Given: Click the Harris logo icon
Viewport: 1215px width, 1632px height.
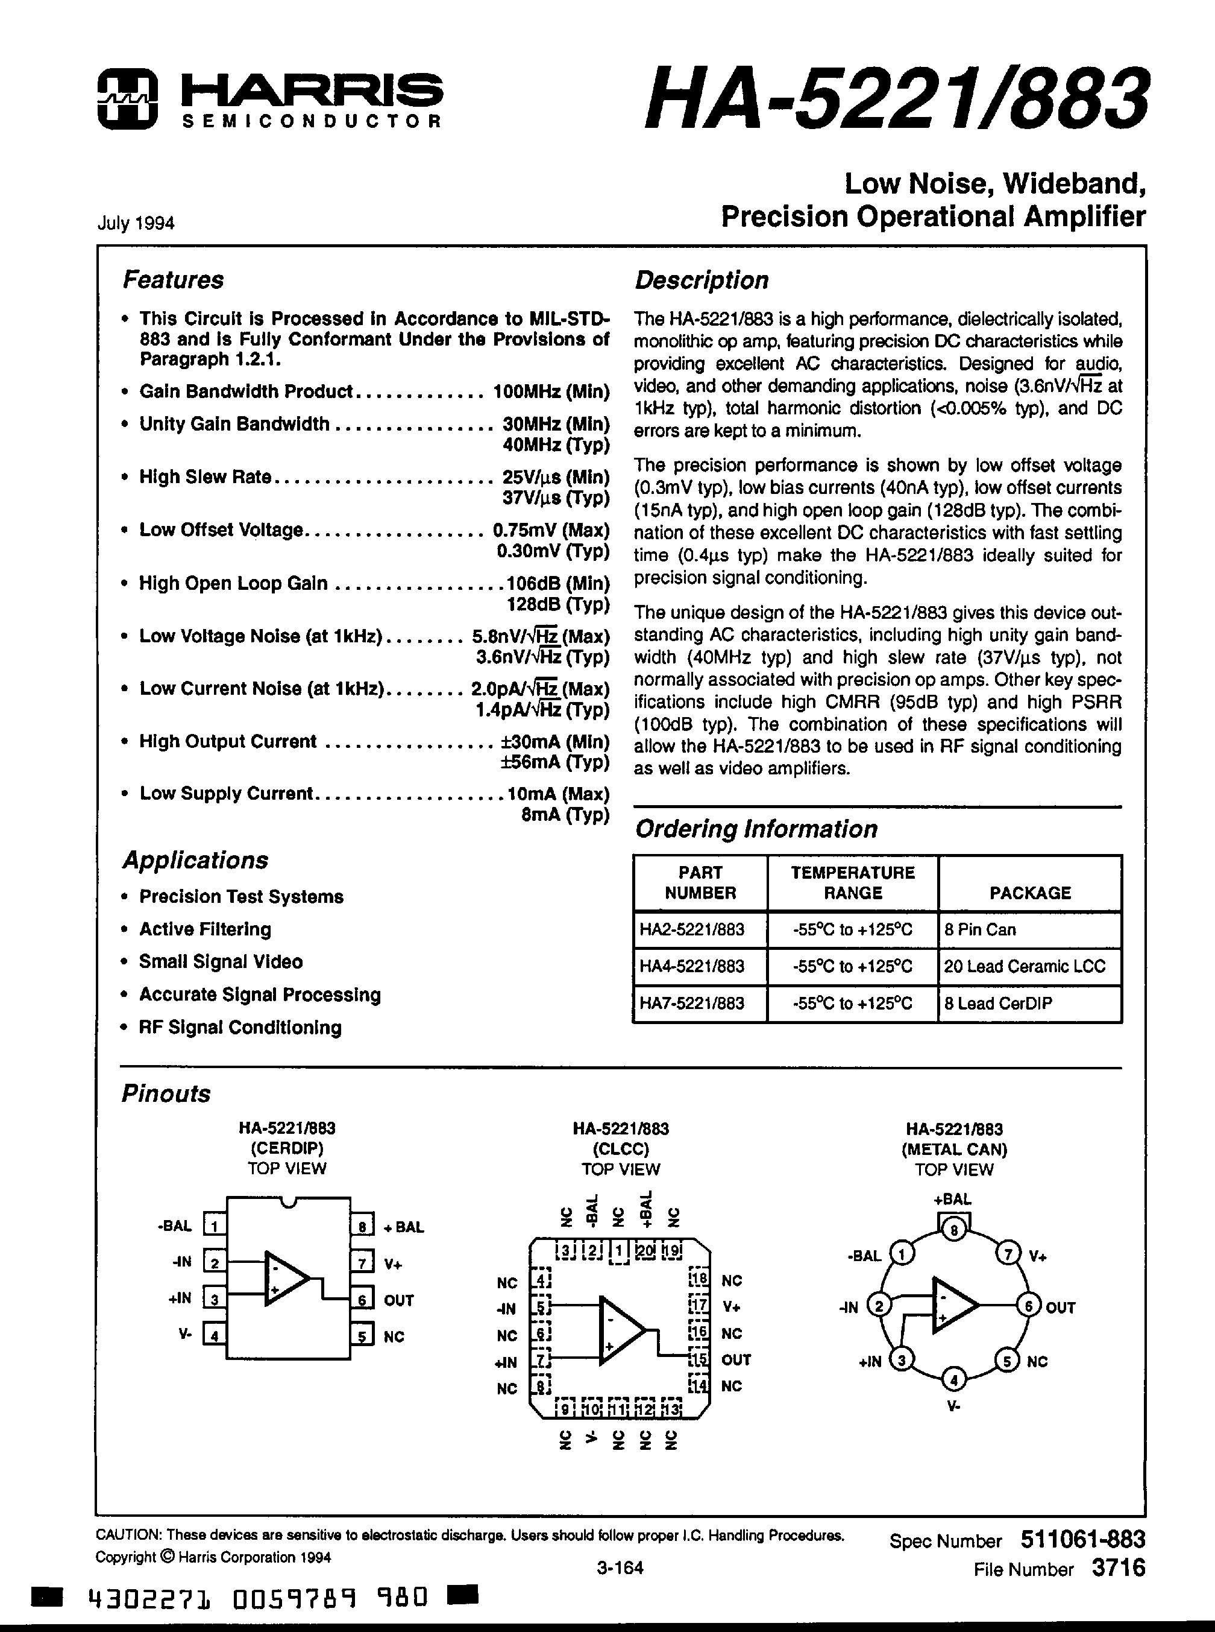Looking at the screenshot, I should (x=127, y=100).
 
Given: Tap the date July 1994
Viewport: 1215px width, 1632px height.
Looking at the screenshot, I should (x=136, y=223).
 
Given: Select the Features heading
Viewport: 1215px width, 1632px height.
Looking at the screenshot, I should (x=173, y=280).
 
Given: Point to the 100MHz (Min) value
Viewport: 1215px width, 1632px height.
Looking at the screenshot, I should (x=551, y=391).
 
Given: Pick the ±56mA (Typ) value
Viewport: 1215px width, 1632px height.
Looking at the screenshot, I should (x=555, y=762).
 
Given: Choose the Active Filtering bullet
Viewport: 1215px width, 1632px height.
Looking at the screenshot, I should (x=205, y=929).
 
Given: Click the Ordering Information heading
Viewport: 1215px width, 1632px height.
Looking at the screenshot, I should (x=756, y=829).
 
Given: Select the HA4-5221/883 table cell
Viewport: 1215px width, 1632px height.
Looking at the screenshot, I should (x=692, y=966).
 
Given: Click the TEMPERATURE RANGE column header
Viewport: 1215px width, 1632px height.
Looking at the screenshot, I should (x=852, y=882).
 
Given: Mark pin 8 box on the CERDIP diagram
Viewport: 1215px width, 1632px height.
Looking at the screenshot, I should (x=362, y=1226).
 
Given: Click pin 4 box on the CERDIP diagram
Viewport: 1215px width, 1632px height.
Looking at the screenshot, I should (x=214, y=1335).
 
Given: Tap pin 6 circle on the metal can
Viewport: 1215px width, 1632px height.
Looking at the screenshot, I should (x=1028, y=1306).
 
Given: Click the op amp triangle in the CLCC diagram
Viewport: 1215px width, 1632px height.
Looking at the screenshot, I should (x=620, y=1330).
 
